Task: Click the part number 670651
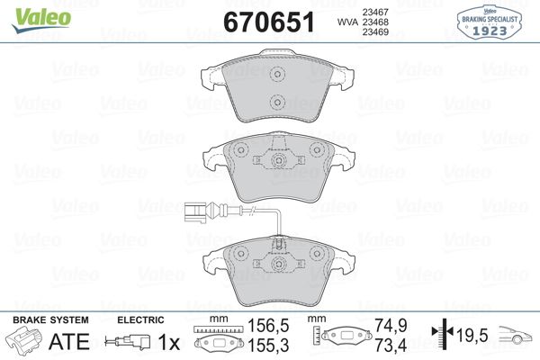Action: [x=271, y=22]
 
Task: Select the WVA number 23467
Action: [x=375, y=12]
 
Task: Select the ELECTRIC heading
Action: [x=140, y=319]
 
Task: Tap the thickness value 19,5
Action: [x=473, y=336]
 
